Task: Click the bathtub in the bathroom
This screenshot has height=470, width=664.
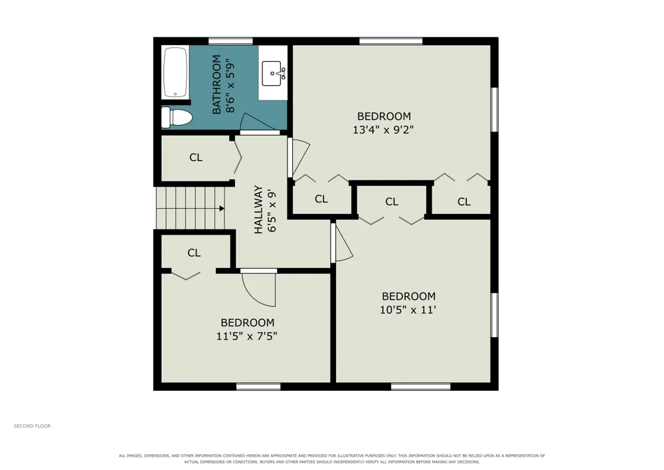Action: (x=175, y=72)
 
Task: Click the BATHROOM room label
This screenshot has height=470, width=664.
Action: (x=216, y=84)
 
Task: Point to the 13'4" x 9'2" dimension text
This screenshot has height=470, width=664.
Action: (x=383, y=130)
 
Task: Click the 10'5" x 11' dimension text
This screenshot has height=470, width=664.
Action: (x=408, y=310)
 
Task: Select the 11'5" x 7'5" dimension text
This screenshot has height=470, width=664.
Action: (x=247, y=336)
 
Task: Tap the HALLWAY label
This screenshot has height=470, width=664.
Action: (x=258, y=210)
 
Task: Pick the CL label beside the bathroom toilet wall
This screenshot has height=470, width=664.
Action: (x=196, y=158)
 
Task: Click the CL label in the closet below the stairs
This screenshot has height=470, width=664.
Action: (x=194, y=253)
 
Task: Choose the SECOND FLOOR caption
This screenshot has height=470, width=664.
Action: (x=32, y=426)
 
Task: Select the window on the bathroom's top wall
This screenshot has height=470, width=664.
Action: (x=230, y=41)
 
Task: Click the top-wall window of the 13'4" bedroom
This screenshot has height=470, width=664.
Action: (x=391, y=41)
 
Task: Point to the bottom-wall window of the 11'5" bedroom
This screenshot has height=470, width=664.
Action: (x=258, y=386)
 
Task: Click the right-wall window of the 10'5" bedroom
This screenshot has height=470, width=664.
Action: (x=494, y=315)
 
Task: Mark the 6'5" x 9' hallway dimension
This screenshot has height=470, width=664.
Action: (x=272, y=211)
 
